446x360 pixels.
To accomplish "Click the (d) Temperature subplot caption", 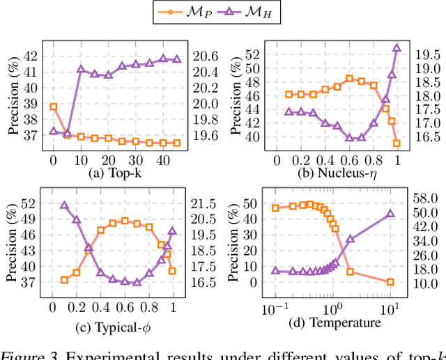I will pyautogui.click(x=341, y=322).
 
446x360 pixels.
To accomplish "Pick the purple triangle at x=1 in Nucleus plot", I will pyautogui.click(x=397, y=48).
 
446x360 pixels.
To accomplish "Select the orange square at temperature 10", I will pyautogui.click(x=390, y=282).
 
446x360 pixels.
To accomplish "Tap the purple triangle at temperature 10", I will pyautogui.click(x=390, y=214).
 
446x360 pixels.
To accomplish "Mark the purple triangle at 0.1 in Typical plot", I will pyautogui.click(x=64, y=205).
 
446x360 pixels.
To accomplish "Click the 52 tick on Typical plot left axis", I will pyautogui.click(x=31, y=204).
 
